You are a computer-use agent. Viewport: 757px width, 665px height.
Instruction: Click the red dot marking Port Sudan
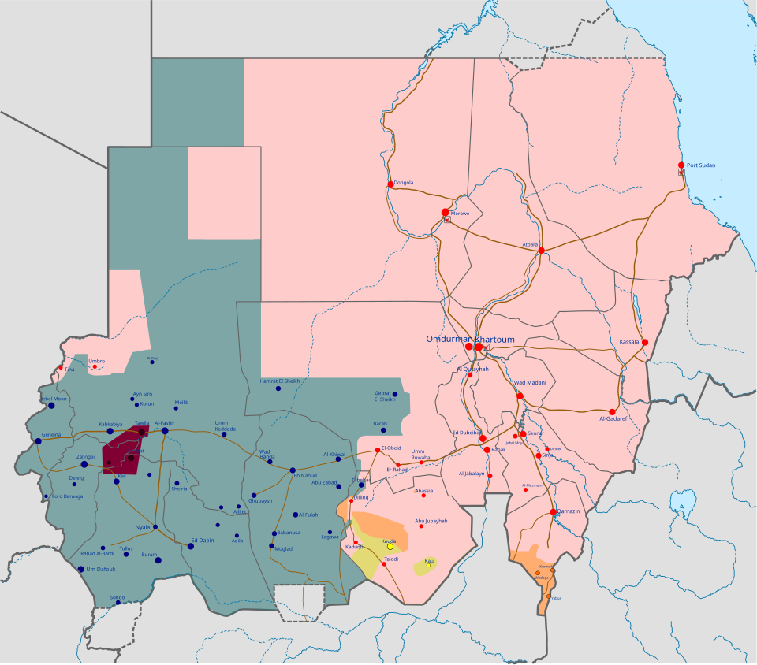[681, 165]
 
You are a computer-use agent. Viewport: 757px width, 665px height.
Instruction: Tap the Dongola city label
[404, 183]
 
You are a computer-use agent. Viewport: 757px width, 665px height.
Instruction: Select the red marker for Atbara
[542, 251]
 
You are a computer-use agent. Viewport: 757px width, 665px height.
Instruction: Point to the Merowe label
[460, 214]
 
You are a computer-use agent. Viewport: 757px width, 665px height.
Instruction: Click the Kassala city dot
[645, 342]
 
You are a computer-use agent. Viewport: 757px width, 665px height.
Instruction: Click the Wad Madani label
[530, 383]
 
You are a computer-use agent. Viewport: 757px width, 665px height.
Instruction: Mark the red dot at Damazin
[554, 512]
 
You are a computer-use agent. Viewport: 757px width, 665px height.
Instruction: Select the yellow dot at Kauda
[390, 547]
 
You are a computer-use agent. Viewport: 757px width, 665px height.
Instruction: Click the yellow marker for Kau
[428, 565]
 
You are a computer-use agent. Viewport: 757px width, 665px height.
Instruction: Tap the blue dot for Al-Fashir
[165, 430]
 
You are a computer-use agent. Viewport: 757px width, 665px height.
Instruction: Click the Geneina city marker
[38, 441]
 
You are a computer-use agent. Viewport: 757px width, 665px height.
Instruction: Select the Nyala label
[143, 526]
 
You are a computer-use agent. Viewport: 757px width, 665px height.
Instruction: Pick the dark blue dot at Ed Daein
[191, 546]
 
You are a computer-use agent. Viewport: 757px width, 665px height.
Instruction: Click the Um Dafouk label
[101, 569]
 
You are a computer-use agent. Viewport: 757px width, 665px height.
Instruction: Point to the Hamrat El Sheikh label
[280, 381]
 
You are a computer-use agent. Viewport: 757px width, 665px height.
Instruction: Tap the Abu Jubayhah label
[431, 521]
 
